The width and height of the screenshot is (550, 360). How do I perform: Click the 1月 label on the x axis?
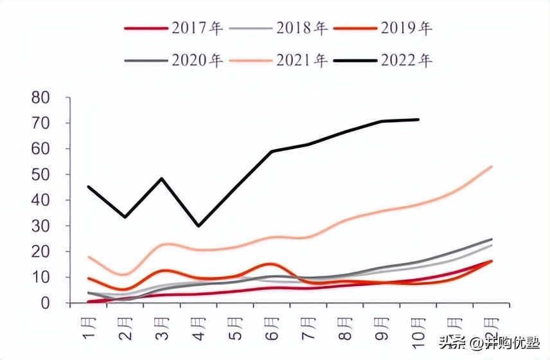point(89,327)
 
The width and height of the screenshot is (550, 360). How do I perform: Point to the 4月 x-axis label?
point(199,327)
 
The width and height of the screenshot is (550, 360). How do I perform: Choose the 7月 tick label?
point(309,327)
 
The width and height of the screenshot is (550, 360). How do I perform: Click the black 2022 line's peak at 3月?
point(162,179)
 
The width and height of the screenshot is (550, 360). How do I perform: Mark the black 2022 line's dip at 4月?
point(199,226)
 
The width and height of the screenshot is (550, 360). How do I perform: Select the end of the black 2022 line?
point(419,120)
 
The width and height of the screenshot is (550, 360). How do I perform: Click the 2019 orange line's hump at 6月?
point(271,264)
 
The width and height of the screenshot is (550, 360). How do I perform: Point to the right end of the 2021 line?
point(492,166)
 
